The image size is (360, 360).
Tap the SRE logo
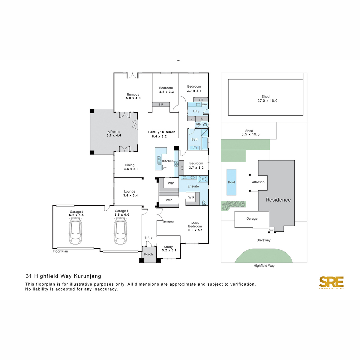tap(331, 282)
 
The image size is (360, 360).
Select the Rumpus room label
tap(133, 94)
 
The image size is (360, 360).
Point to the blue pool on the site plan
tap(231, 182)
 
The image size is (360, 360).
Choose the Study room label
tap(168, 247)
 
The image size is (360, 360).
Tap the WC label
tap(198, 124)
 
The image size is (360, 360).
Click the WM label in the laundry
tap(205, 105)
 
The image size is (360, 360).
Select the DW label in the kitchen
tap(165, 168)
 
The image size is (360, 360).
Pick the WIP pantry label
tap(171, 183)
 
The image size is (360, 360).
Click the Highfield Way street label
tap(264, 265)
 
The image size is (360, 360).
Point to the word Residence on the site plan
tap(278, 200)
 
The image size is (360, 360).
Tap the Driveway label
tap(263, 240)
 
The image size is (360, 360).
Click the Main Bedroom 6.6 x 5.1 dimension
tap(195, 230)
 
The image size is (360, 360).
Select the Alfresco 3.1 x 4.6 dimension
tap(114, 136)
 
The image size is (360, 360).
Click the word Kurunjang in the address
tap(87, 276)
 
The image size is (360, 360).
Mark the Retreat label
tap(168, 222)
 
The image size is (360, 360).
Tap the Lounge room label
tap(130, 191)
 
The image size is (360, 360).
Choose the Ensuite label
tap(193, 186)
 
